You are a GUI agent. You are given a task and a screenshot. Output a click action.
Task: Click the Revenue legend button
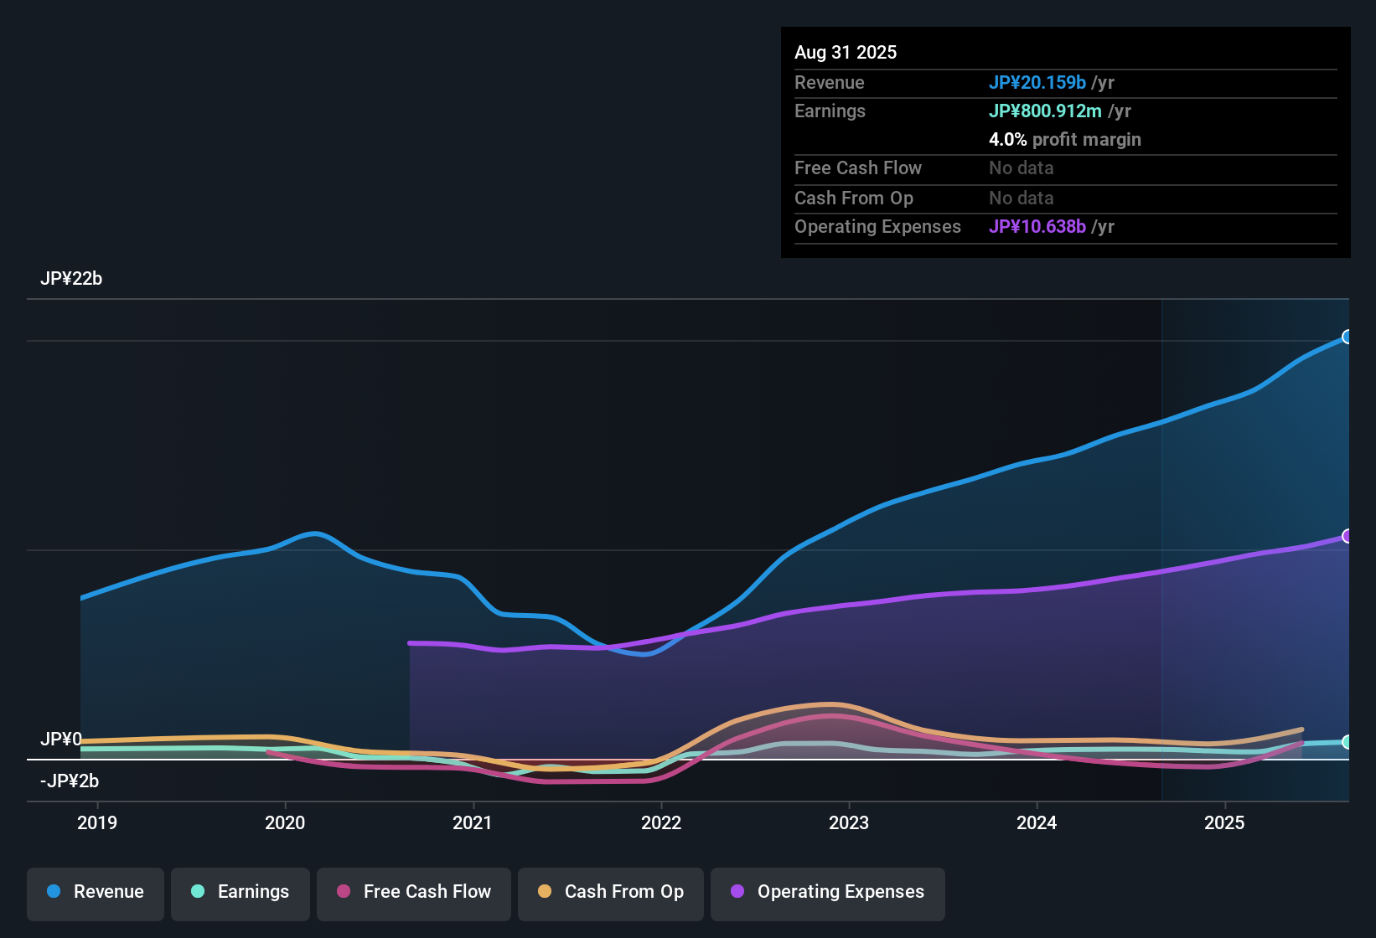coord(96,892)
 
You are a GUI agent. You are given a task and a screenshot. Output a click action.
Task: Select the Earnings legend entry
coord(241,892)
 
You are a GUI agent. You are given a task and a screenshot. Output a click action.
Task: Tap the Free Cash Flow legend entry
coord(414,892)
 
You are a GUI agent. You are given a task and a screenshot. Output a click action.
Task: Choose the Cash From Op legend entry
coord(611,892)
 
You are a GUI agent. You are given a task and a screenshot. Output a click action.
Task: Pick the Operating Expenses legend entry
coord(828,892)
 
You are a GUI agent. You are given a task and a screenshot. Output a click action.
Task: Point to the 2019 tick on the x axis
coord(97,822)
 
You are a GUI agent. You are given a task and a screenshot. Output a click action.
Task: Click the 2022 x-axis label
coord(661,822)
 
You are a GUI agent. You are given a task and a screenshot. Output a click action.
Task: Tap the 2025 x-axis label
coord(1224,822)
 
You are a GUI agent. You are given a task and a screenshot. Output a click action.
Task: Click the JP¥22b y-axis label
coord(71,279)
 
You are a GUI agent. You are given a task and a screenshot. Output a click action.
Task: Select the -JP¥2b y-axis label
coord(70,781)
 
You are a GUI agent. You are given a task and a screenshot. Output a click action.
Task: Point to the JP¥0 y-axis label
coord(61,740)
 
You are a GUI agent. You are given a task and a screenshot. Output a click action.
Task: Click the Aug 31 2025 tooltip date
coord(846,53)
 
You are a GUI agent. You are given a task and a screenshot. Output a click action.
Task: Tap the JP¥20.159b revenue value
coord(1037,83)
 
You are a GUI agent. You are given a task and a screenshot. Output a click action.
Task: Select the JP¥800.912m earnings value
coord(1045,111)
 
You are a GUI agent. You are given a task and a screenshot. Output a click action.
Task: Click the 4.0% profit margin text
coord(1064,140)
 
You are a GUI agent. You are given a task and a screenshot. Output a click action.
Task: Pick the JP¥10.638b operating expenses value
coord(1037,227)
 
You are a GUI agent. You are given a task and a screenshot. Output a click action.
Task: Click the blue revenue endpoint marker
coord(1347,337)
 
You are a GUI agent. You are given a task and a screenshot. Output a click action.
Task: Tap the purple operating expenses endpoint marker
coord(1347,536)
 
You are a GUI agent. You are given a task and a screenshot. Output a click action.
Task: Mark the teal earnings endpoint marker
coord(1347,742)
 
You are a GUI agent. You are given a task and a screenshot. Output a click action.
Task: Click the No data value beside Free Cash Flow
coord(1021,168)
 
